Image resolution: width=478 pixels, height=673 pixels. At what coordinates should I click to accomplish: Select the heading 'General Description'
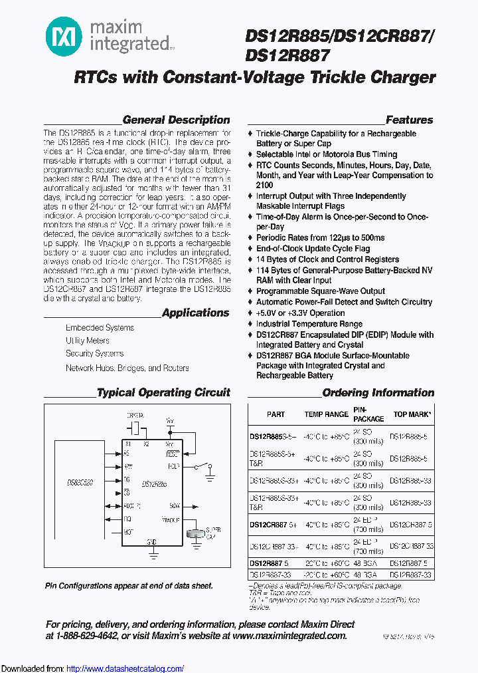[x=176, y=120]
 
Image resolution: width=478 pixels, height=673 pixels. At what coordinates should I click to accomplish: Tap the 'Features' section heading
[x=409, y=120]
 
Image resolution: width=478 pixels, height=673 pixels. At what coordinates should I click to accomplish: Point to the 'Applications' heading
[x=195, y=313]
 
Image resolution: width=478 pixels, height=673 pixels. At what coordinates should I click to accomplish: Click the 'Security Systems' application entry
[x=94, y=354]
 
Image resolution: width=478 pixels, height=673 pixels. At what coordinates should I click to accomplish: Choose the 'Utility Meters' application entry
[x=88, y=340]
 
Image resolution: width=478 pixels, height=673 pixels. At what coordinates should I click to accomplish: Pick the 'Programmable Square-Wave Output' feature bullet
[x=321, y=291]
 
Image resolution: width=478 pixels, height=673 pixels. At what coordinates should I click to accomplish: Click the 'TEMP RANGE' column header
[x=326, y=414]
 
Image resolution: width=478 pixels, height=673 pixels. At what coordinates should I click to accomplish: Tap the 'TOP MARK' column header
[x=412, y=414]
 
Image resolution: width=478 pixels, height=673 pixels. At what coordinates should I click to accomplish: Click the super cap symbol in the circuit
[x=197, y=533]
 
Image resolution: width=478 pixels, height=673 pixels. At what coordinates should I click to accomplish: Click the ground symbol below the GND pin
[x=152, y=554]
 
